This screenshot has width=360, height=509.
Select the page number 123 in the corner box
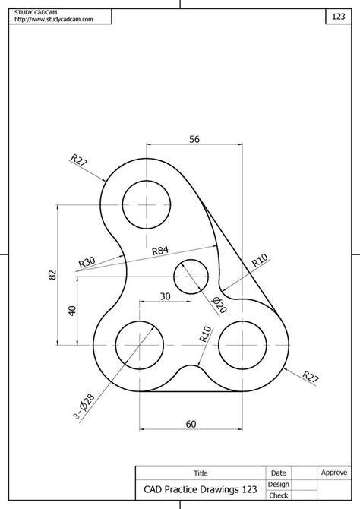point(339,16)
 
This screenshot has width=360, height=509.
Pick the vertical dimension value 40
point(72,310)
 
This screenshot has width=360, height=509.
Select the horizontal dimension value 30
point(165,296)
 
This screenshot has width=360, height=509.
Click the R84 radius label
point(160,251)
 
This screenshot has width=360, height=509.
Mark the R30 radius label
point(87,263)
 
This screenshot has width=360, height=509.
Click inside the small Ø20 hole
point(191,277)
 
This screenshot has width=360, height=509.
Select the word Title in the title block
point(201,473)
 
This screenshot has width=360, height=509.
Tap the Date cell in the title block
point(278,473)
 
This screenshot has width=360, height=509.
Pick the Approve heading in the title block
point(333,473)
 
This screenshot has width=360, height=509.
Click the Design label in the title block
point(278,484)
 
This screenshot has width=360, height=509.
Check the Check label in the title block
point(278,495)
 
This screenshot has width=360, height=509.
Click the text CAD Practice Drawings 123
point(200,489)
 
